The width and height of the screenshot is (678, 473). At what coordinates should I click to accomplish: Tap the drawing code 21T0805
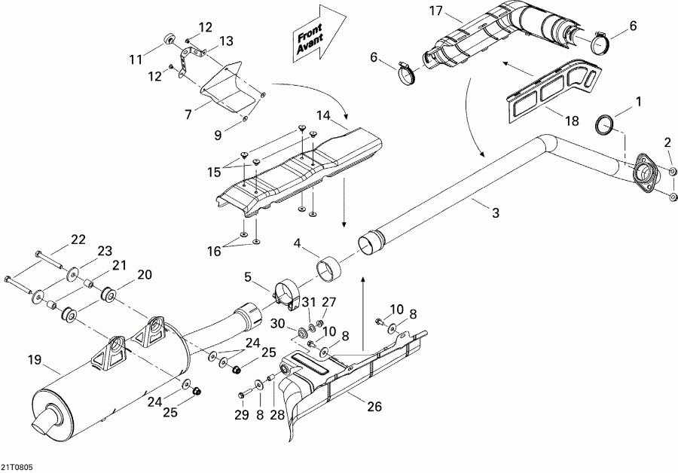17,466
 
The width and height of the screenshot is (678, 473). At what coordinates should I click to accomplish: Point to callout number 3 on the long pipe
495,214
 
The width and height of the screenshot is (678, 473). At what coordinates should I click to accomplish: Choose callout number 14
324,115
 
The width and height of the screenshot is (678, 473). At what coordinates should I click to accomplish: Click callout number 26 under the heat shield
374,407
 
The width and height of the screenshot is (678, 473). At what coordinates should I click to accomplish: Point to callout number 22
78,239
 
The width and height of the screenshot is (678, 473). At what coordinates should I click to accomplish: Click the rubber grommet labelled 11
170,39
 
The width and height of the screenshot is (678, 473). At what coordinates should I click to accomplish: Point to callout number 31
308,301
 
